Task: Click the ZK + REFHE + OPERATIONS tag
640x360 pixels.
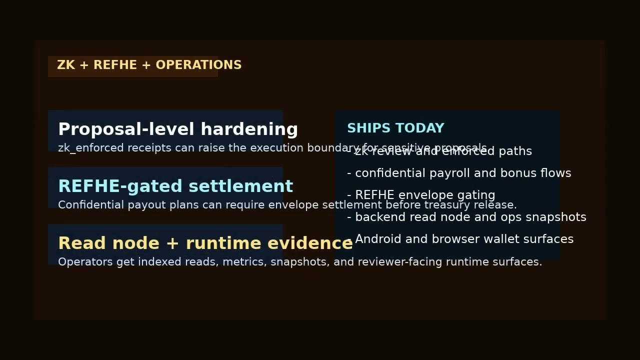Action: coord(149,65)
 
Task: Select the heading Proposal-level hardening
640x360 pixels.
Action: coord(178,129)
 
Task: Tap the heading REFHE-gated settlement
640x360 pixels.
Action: coord(175,186)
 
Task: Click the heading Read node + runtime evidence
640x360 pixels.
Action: coord(205,243)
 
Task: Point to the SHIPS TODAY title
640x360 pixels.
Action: coord(395,128)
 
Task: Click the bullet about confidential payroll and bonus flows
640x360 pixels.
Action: coord(459,173)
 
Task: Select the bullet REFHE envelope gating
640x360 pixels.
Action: coord(421,195)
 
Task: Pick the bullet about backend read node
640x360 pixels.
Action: coord(466,217)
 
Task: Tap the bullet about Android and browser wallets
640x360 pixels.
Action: coord(460,239)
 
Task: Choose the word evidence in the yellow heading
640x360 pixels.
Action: coord(310,243)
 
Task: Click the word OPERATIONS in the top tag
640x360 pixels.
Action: coord(198,65)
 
